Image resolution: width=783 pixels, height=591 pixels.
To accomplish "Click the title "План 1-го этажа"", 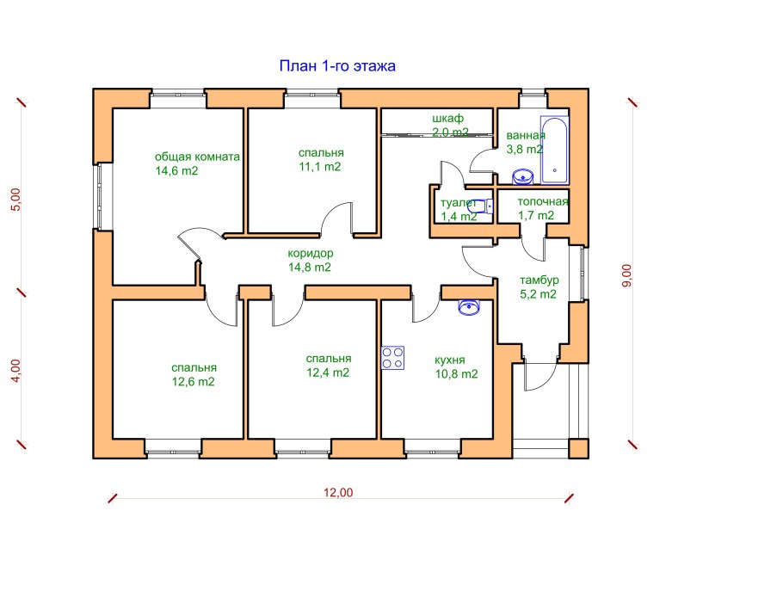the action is [337, 66].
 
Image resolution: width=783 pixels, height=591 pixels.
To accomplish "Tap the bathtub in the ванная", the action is [554, 151].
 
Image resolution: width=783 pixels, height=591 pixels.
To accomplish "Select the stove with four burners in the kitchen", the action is [392, 358].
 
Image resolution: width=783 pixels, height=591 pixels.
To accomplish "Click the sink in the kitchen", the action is [469, 307].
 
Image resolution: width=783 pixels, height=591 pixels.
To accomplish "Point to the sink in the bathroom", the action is [523, 176].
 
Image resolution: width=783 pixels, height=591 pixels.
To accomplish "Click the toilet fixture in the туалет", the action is [481, 206].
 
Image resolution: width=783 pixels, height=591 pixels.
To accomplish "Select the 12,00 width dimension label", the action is [338, 493].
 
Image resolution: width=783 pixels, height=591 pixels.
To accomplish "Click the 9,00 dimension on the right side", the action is [626, 275].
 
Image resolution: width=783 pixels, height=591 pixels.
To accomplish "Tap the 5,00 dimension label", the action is [16, 200].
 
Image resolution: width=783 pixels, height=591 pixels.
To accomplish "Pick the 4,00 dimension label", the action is [16, 371].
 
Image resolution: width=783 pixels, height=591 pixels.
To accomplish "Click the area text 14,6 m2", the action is [176, 170].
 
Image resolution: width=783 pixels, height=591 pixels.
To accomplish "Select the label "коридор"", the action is [310, 253].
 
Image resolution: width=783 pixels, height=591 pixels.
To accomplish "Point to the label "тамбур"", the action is [539, 280].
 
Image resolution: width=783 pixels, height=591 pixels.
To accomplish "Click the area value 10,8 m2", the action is [456, 374].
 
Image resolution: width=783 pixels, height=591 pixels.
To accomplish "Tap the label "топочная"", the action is [543, 201].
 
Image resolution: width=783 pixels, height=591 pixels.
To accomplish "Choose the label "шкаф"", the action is [448, 119].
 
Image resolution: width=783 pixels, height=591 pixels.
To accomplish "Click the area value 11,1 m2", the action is [319, 167].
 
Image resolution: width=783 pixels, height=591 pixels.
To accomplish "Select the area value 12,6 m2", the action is [194, 382].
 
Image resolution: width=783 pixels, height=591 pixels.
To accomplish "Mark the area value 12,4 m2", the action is [328, 372].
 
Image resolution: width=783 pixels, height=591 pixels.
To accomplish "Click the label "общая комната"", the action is [197, 157].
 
